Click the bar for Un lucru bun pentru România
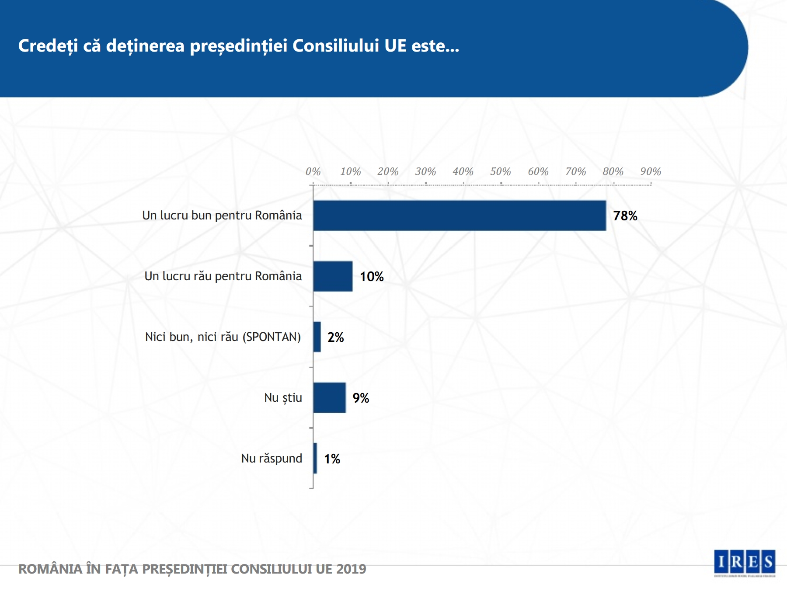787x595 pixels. pyautogui.click(x=459, y=216)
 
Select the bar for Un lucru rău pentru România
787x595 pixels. pyautogui.click(x=333, y=276)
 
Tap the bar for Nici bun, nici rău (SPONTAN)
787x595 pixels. pyautogui.click(x=317, y=337)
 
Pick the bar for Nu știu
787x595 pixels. pyautogui.click(x=329, y=398)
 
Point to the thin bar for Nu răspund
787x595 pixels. pyautogui.click(x=315, y=459)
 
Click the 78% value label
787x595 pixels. pyautogui.click(x=625, y=216)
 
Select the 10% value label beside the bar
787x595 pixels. pyautogui.click(x=372, y=277)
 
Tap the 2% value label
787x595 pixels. pyautogui.click(x=335, y=338)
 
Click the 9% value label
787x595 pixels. pyautogui.click(x=361, y=398)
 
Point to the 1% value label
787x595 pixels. pyautogui.click(x=332, y=459)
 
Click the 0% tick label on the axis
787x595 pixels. pyautogui.click(x=313, y=172)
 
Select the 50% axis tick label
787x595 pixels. pyautogui.click(x=501, y=172)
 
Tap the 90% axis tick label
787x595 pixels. pyautogui.click(x=651, y=172)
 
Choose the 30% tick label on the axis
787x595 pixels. pyautogui.click(x=425, y=172)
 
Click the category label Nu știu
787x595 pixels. pyautogui.click(x=283, y=398)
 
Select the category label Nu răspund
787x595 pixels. pyautogui.click(x=272, y=459)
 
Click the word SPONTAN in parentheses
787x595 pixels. pyautogui.click(x=272, y=337)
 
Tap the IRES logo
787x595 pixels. pyautogui.click(x=744, y=562)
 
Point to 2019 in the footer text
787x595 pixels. pyautogui.click(x=351, y=569)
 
